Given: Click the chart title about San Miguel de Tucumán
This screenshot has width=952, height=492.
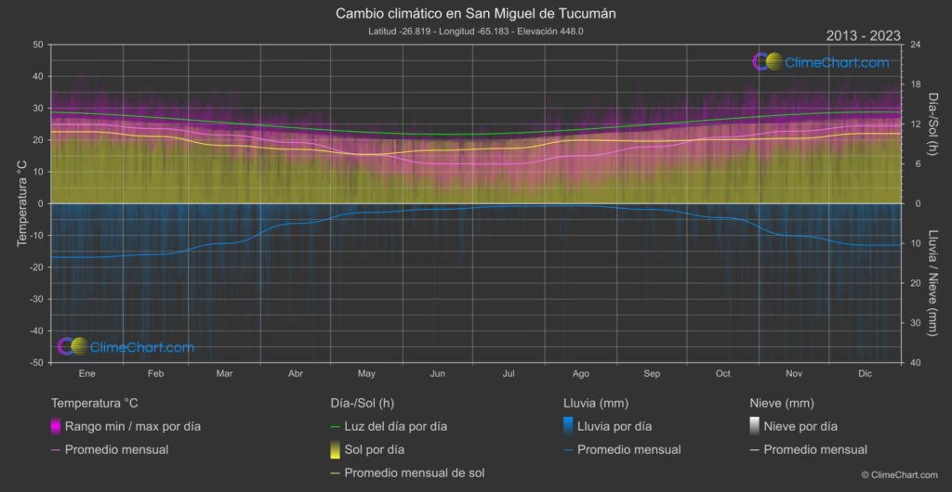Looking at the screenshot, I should [475, 15].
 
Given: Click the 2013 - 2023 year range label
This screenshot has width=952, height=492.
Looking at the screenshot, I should [863, 36].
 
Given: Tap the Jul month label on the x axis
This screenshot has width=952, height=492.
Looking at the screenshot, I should [509, 373].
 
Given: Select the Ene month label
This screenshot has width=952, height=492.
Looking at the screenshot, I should [86, 373].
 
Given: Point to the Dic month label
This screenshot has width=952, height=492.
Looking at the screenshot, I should [865, 373].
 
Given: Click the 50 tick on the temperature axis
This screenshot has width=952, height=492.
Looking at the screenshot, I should [37, 45].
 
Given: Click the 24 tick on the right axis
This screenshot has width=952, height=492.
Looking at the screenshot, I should [915, 45].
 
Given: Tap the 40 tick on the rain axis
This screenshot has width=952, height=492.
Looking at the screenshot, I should [915, 363].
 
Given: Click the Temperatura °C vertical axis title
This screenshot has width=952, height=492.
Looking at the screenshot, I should [21, 203].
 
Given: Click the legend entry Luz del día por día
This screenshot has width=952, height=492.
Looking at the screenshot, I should [395, 427].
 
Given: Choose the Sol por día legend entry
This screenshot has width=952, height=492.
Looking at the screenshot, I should [375, 450].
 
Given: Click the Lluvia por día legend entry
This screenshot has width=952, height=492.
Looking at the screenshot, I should [614, 427].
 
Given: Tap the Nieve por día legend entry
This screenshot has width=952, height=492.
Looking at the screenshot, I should [800, 427].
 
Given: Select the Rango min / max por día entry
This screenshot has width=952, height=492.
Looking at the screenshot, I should [132, 427].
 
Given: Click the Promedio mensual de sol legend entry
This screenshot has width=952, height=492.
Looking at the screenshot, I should [414, 473].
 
